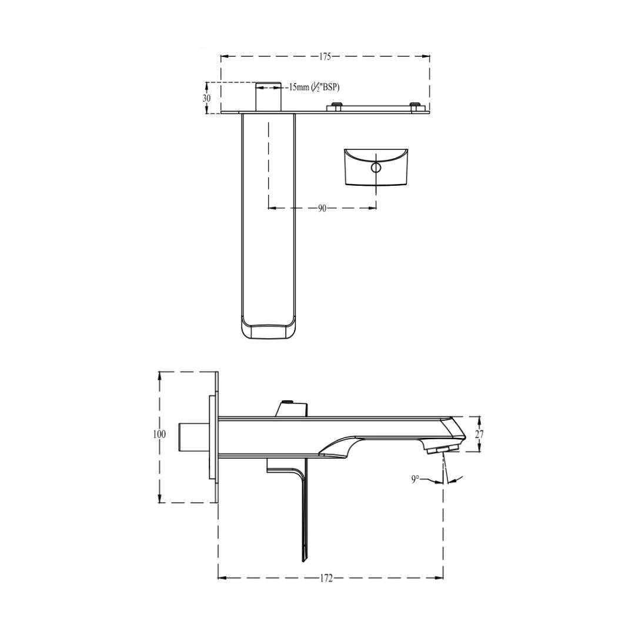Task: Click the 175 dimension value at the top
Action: tap(325, 57)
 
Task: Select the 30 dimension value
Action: tap(206, 98)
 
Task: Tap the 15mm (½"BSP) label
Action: tap(313, 87)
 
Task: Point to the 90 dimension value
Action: tap(322, 208)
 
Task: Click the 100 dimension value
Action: tap(159, 435)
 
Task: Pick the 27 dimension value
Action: tap(479, 435)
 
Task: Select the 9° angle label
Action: tap(415, 479)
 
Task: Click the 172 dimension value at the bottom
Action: tap(326, 579)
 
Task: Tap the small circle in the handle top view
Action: tap(376, 168)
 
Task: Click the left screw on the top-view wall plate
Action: tap(336, 106)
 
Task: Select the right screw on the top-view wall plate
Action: tap(416, 106)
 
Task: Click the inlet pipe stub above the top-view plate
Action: tap(268, 96)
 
